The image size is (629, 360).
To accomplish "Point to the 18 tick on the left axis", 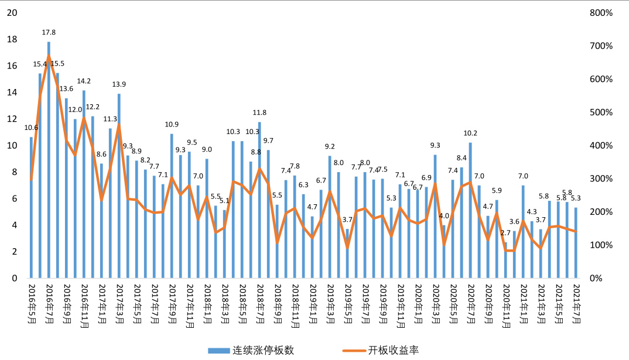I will pos(12,39).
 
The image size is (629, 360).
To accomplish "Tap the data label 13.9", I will pos(119,85).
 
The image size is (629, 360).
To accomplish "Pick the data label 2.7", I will pos(505,233).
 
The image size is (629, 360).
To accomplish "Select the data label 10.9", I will pos(172,125).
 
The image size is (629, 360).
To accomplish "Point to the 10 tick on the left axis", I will pos(12,146).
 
